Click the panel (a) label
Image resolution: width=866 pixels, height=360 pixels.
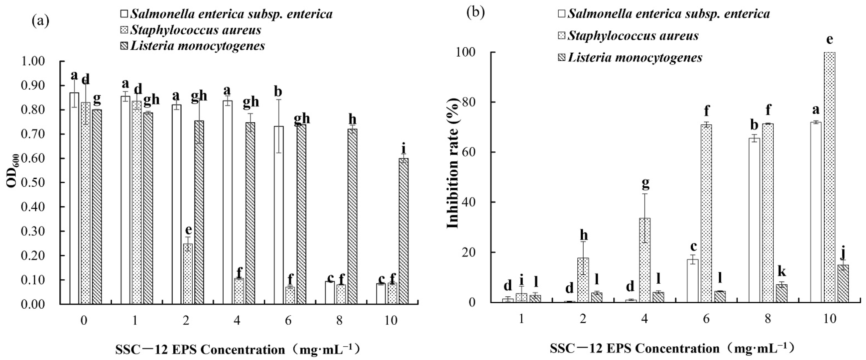click(40, 21)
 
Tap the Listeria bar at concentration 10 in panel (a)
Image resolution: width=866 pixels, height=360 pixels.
click(403, 231)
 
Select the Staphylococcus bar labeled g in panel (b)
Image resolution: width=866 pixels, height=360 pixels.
click(644, 260)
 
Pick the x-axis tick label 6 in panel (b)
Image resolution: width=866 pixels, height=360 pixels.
click(706, 318)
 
